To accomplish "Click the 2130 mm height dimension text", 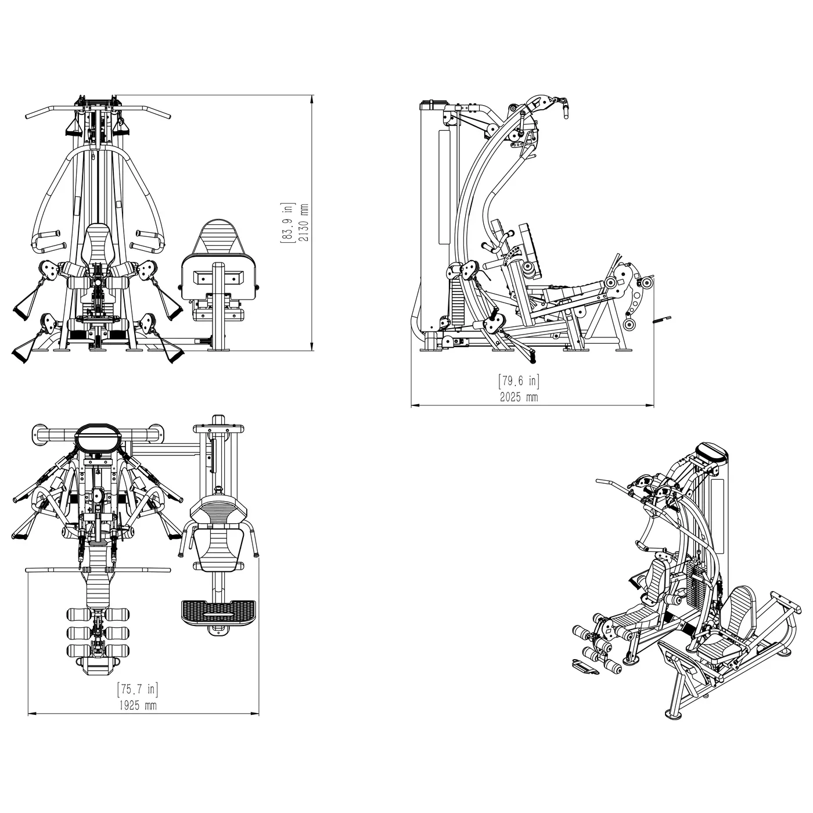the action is click(x=304, y=222).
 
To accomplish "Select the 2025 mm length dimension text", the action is click(x=519, y=397).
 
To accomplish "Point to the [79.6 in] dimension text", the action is click(x=519, y=380).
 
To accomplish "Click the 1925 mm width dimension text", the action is click(x=138, y=706).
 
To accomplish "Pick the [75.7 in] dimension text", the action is click(x=138, y=689).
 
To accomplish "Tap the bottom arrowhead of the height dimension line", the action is click(x=312, y=346).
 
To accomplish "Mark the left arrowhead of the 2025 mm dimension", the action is click(x=416, y=405).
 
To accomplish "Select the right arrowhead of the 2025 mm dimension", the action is click(x=650, y=405).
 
